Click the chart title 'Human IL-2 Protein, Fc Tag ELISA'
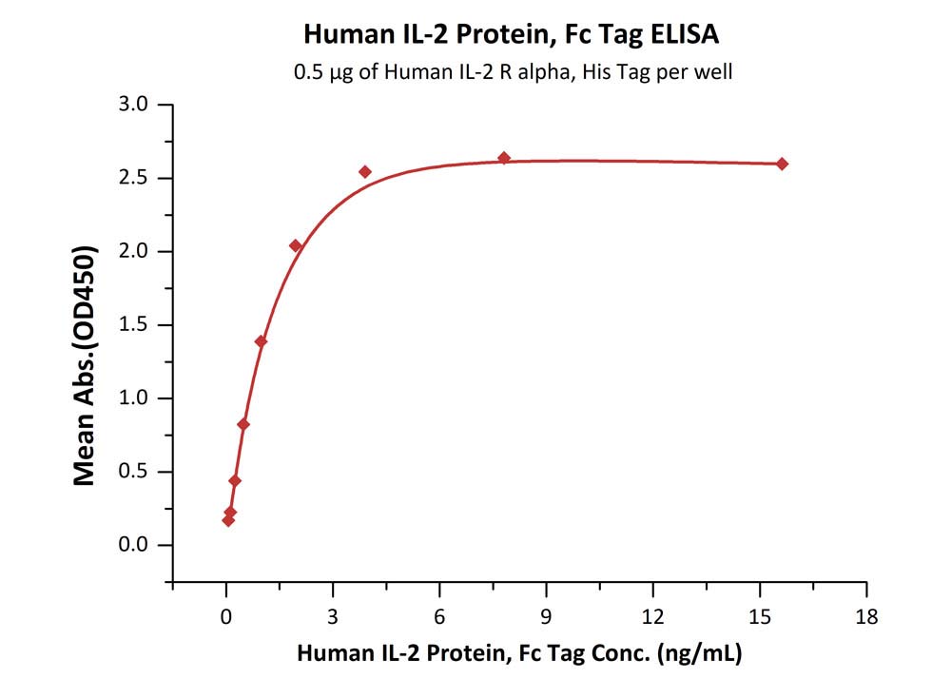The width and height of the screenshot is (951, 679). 512,35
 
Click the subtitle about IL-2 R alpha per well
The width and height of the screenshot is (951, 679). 513,72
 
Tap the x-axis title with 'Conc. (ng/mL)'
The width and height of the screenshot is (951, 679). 519,653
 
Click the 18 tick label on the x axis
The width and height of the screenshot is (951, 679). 865,615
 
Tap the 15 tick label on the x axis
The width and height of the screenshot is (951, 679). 759,615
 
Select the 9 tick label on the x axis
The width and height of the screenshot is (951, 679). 546,615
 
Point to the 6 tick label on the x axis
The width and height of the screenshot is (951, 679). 439,615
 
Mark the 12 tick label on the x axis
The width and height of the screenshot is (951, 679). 652,615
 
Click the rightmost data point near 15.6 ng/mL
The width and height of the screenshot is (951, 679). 782,164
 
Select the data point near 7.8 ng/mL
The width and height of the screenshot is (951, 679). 504,158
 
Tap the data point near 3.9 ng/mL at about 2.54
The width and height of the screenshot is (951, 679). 365,172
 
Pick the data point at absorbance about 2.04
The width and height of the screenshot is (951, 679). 296,246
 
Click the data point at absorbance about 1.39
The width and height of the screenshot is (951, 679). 261,341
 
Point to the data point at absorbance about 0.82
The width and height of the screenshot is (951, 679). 243,424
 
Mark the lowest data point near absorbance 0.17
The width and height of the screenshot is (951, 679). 228,520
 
